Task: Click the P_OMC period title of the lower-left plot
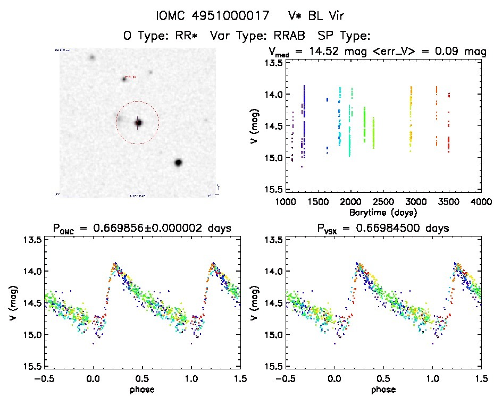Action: coord(141,229)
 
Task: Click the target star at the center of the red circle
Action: coord(138,123)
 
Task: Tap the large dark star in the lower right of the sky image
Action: coord(178,162)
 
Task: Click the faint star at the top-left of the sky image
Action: coord(92,57)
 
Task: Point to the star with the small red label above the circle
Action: coord(124,79)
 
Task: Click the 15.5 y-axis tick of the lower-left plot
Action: coord(33,367)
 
